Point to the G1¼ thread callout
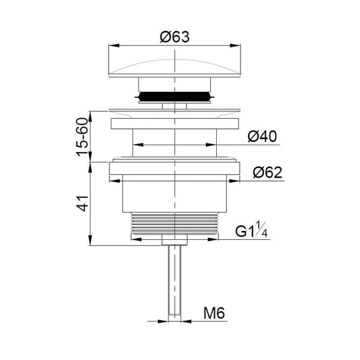(252, 232)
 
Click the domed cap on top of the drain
(176, 64)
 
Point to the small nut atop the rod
(176, 240)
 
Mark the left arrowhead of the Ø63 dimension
(111, 47)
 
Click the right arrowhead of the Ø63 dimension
(240, 47)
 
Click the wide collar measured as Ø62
(176, 168)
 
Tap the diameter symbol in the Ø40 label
(252, 136)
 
